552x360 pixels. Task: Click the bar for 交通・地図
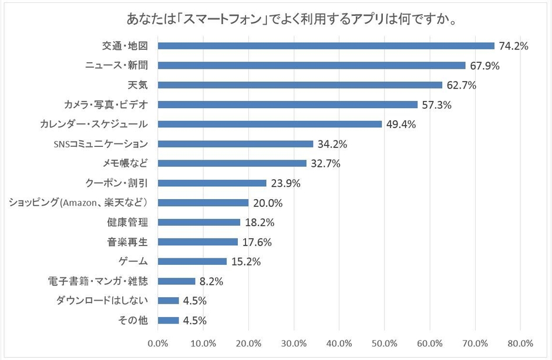[x=326, y=46]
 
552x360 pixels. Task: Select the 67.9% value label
[x=484, y=66]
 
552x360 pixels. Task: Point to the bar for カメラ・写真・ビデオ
[x=288, y=105]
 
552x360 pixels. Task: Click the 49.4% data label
[x=400, y=125]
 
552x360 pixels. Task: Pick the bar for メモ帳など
[x=232, y=163]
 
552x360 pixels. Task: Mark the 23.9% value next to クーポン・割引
[x=285, y=183]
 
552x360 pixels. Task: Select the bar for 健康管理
[x=199, y=222]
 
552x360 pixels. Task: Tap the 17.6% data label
[x=256, y=242]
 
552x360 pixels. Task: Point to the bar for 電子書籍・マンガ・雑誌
[x=176, y=281]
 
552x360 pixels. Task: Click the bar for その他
[x=169, y=320]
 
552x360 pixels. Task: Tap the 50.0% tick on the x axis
[x=384, y=343]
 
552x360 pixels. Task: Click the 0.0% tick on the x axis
[x=158, y=343]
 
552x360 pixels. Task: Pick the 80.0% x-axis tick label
[x=520, y=343]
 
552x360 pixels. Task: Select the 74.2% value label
[x=513, y=46]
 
